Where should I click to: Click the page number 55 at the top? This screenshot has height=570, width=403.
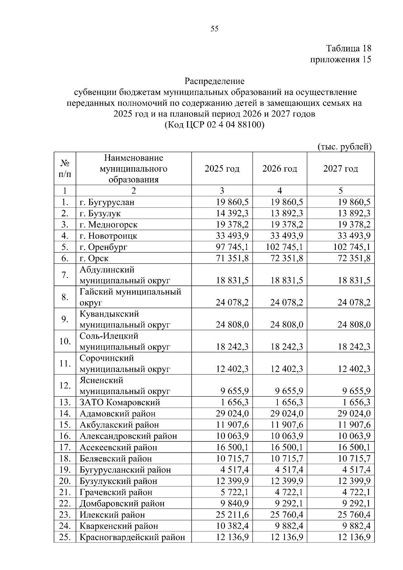215,29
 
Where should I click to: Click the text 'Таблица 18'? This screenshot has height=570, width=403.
349,48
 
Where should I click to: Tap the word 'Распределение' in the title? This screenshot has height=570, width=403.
215,81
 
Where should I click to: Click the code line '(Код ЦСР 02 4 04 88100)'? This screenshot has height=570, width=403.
215,125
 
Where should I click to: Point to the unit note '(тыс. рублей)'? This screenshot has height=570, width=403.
344,147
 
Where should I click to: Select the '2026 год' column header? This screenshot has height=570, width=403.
280,168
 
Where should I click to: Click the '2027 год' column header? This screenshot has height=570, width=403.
341,168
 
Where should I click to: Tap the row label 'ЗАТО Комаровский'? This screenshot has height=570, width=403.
120,402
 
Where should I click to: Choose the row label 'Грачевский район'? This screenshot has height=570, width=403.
116,492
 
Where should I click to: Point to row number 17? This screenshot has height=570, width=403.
65,447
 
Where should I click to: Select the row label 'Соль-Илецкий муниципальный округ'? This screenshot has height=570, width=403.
125,341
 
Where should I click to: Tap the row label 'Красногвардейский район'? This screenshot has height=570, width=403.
132,537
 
